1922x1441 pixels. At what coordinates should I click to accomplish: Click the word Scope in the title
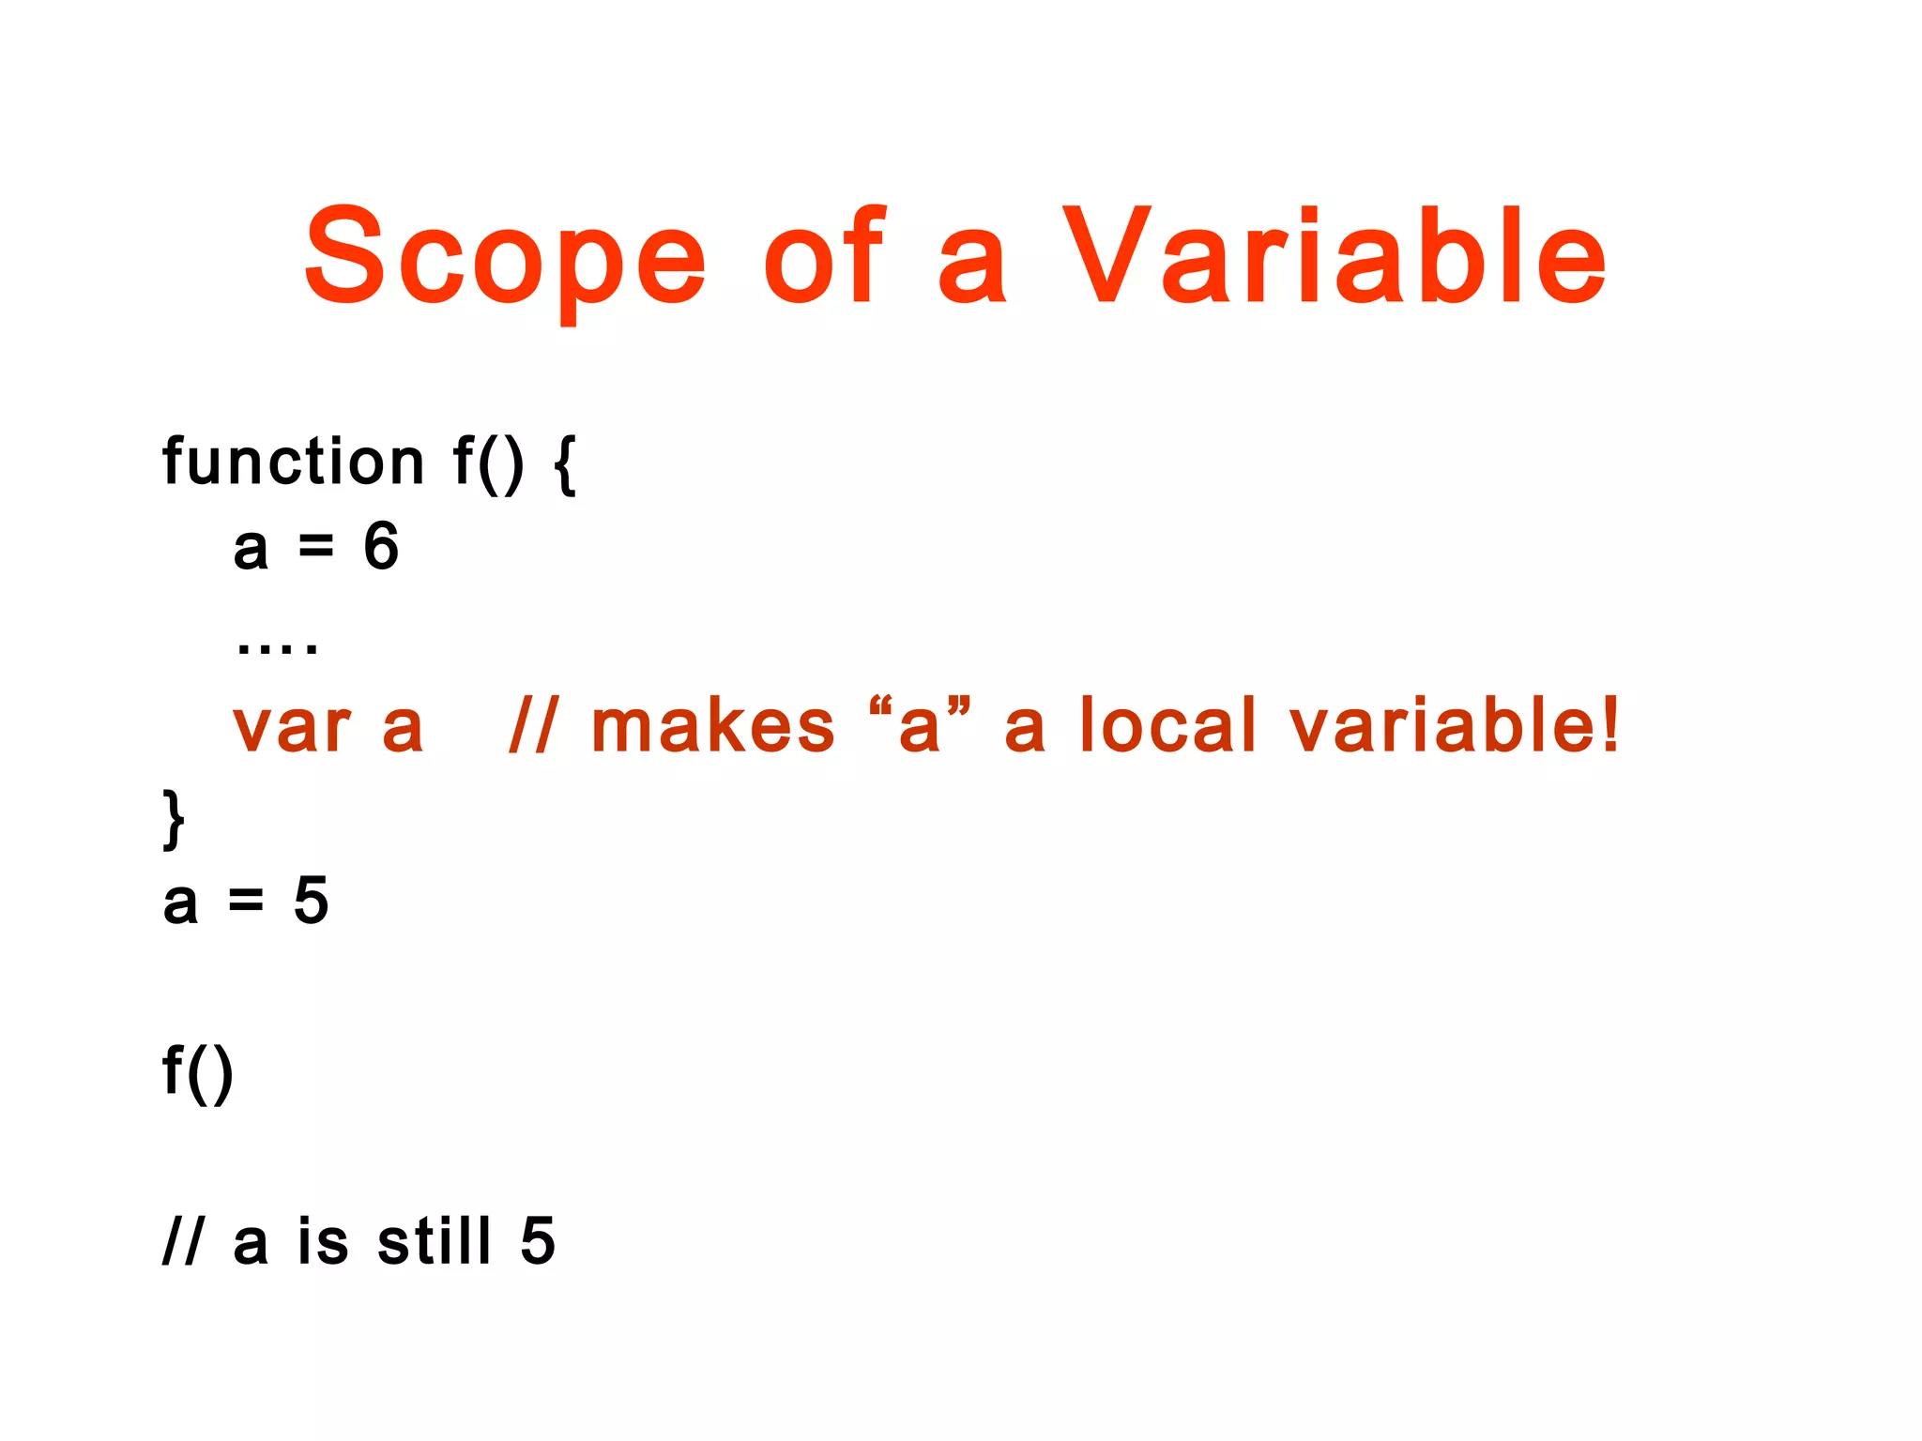coord(505,258)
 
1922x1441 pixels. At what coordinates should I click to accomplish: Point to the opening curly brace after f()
coord(565,463)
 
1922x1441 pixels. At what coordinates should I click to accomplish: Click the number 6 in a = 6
coord(381,546)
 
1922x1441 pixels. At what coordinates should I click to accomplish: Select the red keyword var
coord(292,728)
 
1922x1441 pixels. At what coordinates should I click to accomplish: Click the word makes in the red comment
coord(712,726)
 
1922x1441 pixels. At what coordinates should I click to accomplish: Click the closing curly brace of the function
coord(174,819)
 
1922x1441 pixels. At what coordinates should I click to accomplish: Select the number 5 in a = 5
coord(311,901)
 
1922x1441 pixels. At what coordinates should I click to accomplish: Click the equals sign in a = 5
coord(246,902)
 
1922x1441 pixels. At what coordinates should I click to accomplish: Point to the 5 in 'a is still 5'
coord(538,1240)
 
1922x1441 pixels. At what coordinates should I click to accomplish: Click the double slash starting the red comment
coord(532,726)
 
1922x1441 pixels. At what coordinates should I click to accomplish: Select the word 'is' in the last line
coord(323,1240)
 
